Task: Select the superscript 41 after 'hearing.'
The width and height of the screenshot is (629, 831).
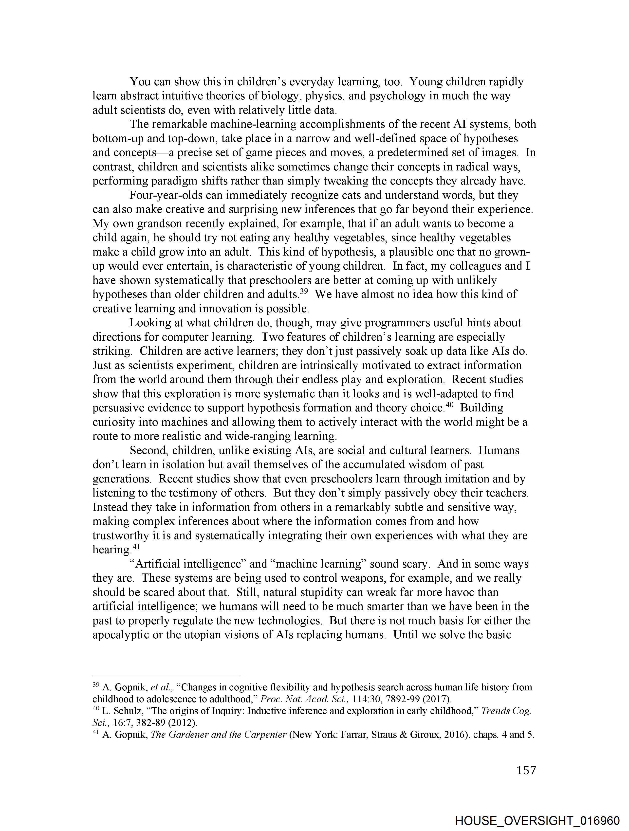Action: click(x=136, y=547)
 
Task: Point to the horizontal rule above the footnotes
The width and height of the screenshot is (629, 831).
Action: click(x=166, y=675)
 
